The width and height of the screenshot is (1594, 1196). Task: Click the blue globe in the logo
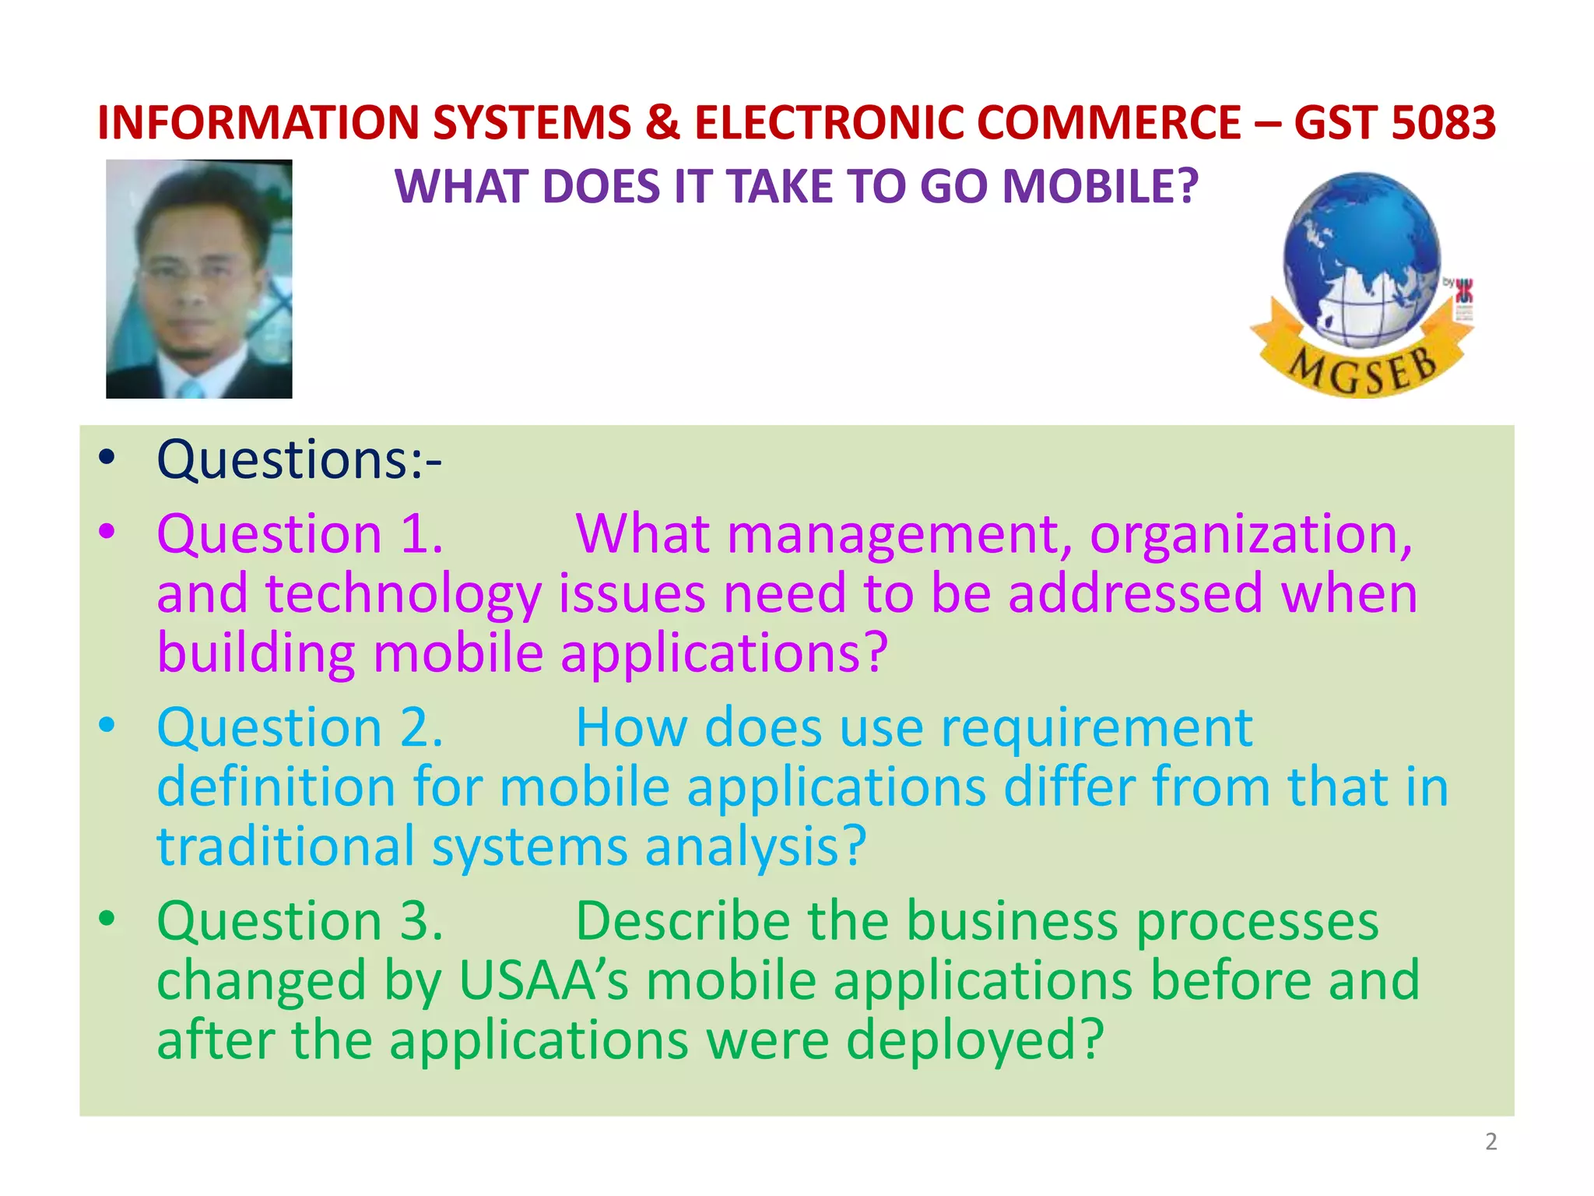[1361, 258]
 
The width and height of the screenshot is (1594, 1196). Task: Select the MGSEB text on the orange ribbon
[1363, 369]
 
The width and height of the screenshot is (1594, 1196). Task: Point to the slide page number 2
[1490, 1141]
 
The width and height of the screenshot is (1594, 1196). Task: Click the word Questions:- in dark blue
[300, 459]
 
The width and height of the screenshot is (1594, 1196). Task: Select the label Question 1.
[300, 535]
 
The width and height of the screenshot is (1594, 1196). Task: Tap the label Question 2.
[300, 728]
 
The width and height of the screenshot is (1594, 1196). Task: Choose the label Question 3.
[300, 921]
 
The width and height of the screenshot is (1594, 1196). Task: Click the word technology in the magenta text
[403, 594]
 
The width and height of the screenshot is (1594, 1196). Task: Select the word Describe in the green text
[682, 921]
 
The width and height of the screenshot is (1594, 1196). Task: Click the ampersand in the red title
[662, 123]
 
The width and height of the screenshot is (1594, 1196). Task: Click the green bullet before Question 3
[107, 918]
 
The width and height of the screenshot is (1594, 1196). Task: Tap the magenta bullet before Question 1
[107, 532]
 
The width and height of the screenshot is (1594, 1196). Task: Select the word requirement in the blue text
[1097, 728]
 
